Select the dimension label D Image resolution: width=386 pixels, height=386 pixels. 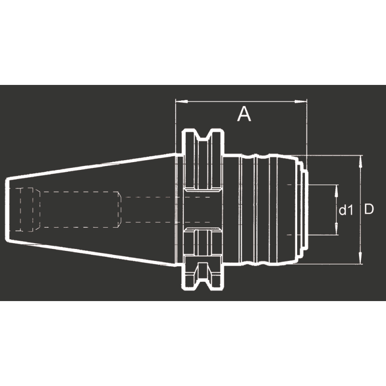(369, 209)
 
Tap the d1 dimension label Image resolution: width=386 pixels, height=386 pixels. (345, 210)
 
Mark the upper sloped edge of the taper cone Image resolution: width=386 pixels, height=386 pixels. (92, 166)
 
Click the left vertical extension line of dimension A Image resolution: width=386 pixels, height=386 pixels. (175, 125)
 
